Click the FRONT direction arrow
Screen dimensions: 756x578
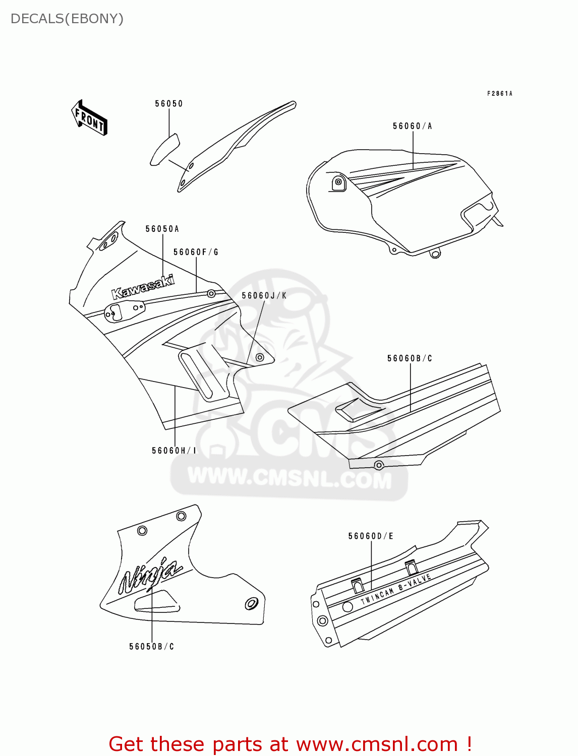coord(90,118)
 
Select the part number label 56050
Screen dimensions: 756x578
coord(168,104)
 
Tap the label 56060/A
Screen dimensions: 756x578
coord(412,127)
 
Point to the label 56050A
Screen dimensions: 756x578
coord(162,229)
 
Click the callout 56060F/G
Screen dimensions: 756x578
coord(196,252)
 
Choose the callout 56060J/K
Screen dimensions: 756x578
coord(264,296)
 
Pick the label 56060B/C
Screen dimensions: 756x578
coord(410,358)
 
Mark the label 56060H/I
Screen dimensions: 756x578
coord(174,451)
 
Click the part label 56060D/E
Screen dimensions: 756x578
coord(371,536)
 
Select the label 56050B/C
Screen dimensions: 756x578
coord(151,647)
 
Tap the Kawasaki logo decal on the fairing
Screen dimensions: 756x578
coord(143,287)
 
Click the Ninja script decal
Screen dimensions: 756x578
coord(149,576)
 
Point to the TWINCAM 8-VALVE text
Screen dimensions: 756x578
coord(396,589)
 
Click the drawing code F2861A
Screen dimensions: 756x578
coord(499,94)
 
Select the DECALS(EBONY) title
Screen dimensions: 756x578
coord(67,19)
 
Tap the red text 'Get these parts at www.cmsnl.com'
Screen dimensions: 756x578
coord(290,744)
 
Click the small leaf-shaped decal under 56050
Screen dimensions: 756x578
coord(164,149)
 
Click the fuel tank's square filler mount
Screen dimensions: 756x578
coord(338,182)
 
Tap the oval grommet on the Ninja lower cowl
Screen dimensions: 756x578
coord(251,603)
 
